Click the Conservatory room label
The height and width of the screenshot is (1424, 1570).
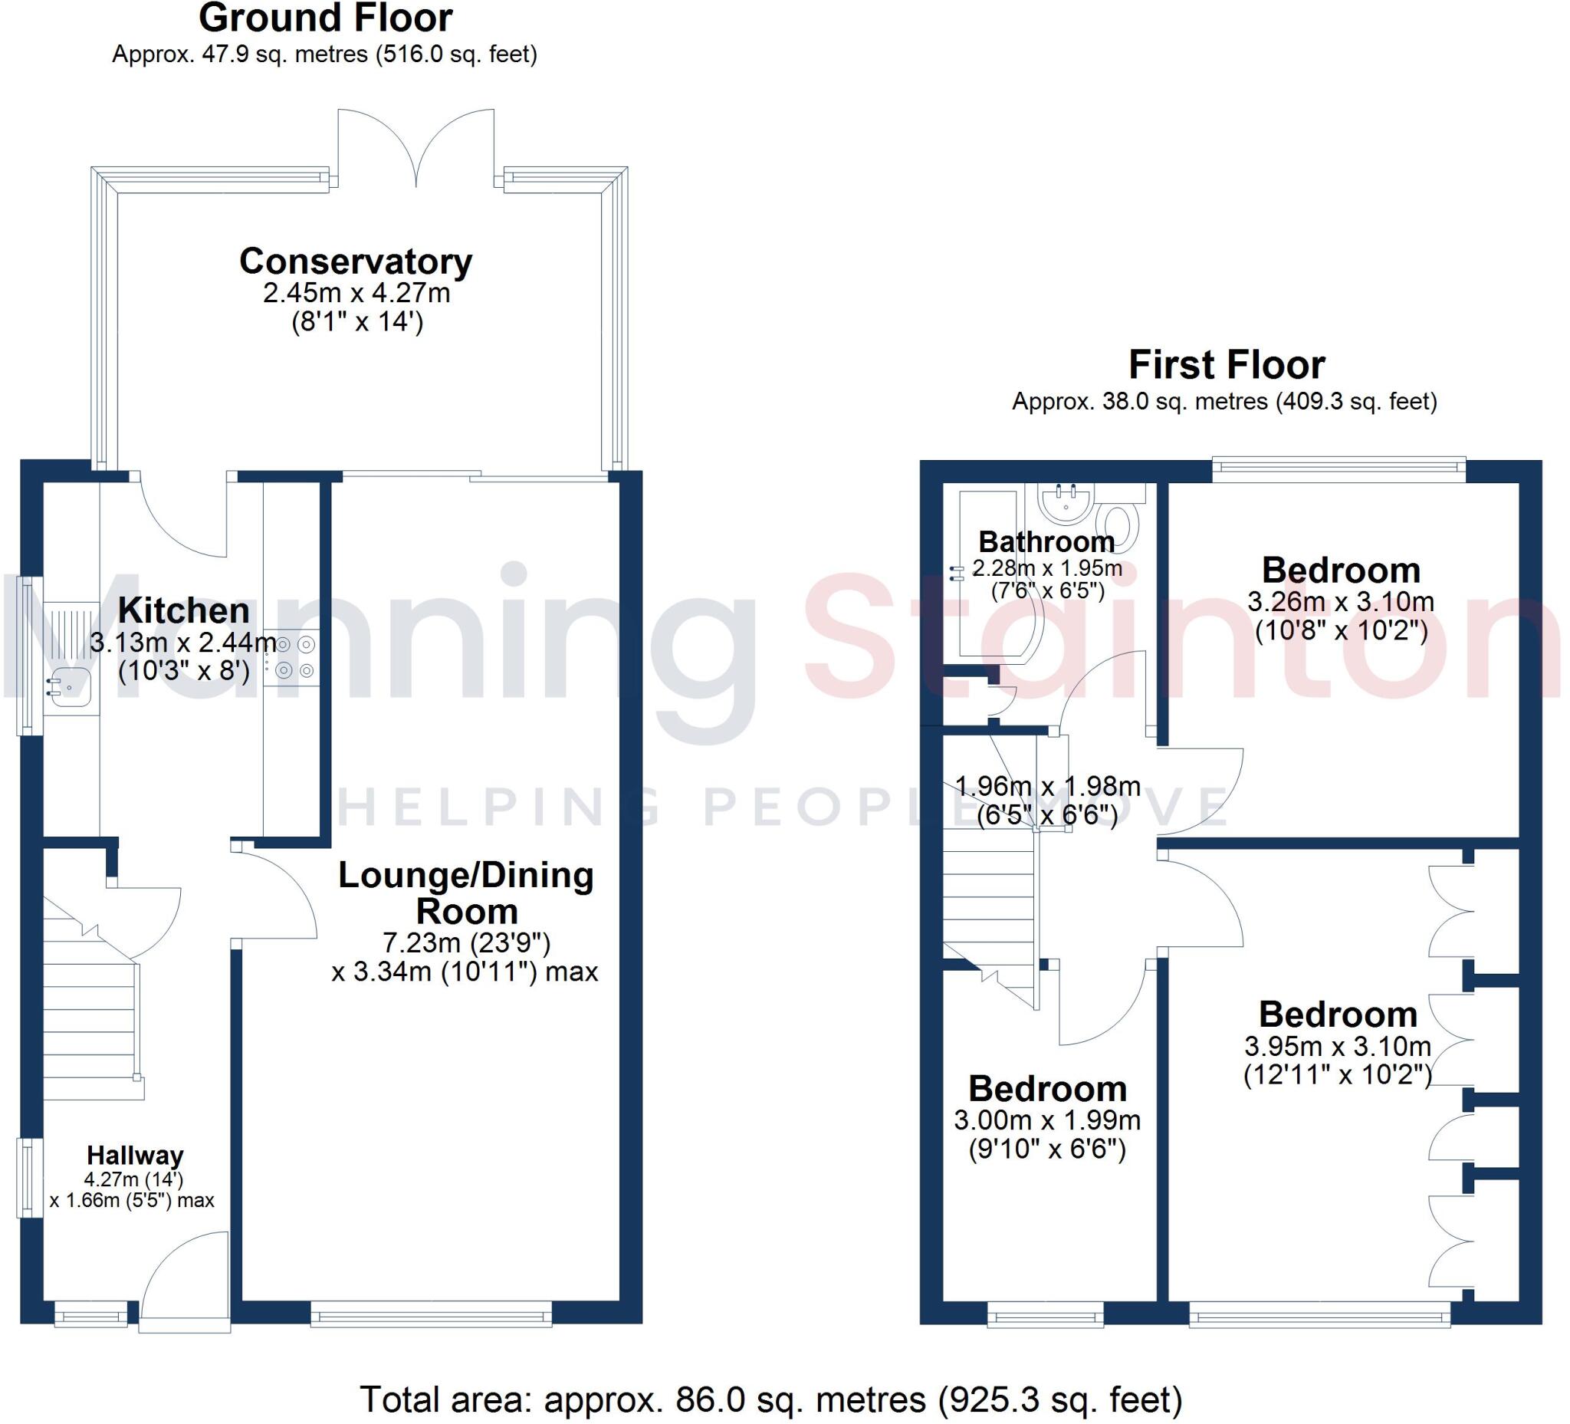pyautogui.click(x=355, y=261)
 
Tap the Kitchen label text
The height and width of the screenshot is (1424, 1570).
pyautogui.click(x=184, y=610)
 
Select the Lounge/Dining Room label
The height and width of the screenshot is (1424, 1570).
pyautogui.click(x=465, y=893)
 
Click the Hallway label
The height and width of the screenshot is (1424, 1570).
pyautogui.click(x=135, y=1155)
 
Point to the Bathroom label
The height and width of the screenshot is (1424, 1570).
pyautogui.click(x=1046, y=541)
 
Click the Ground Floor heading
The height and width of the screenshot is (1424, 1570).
pyautogui.click(x=326, y=18)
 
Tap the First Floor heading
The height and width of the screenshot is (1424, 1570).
pyautogui.click(x=1226, y=364)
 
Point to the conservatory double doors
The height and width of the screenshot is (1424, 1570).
pyautogui.click(x=415, y=148)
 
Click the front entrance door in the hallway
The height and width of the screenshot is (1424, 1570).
pyautogui.click(x=186, y=1278)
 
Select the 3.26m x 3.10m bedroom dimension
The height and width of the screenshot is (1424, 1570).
pyautogui.click(x=1340, y=601)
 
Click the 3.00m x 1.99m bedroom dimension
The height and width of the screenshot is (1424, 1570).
pyautogui.click(x=1046, y=1120)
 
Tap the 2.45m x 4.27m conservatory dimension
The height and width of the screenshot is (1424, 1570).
pyautogui.click(x=356, y=293)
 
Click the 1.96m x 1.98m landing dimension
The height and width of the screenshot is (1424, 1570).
pyautogui.click(x=1046, y=786)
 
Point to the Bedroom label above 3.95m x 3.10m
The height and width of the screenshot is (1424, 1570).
pyautogui.click(x=1337, y=1015)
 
